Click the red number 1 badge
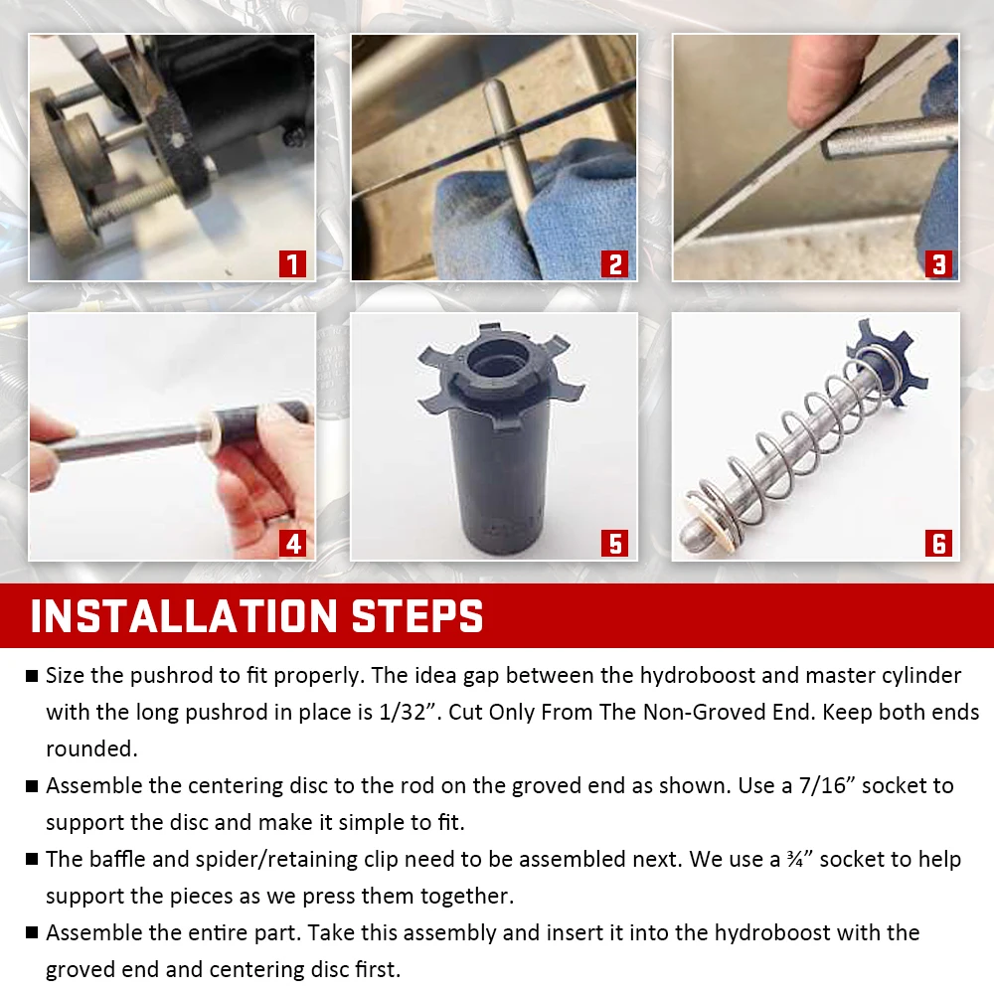292,263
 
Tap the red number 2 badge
615,263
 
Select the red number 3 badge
938,263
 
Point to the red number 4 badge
292,544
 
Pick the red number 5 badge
615,544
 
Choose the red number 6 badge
938,544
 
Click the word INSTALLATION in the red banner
184,615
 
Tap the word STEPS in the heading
417,615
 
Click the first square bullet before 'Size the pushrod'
32,676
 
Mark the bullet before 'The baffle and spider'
32,860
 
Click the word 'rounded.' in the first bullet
91,748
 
